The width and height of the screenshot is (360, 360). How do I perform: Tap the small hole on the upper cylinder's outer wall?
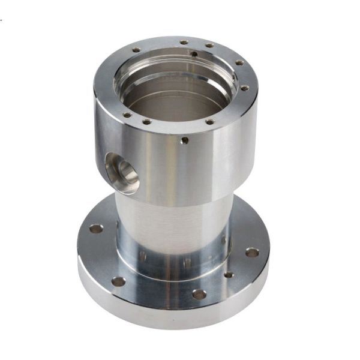click(x=184, y=141)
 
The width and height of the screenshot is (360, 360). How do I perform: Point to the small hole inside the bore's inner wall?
click(x=195, y=53)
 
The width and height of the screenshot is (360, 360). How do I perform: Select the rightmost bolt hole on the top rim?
click(x=245, y=88)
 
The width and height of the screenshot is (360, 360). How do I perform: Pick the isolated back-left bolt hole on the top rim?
click(x=136, y=50)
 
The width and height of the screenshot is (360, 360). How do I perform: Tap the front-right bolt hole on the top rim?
click(x=209, y=122)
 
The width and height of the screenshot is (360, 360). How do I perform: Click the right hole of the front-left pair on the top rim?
click(x=146, y=122)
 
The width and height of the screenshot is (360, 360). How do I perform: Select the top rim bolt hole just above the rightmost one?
click(x=239, y=63)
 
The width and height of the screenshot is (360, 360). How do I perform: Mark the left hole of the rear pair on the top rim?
click(x=184, y=42)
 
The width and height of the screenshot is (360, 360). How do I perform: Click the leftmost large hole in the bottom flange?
click(x=95, y=229)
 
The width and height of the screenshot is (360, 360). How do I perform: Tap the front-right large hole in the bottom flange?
click(x=199, y=295)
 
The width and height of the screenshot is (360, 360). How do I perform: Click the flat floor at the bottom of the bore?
click(x=174, y=108)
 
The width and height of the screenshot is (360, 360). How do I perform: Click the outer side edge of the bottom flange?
click(x=168, y=318)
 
